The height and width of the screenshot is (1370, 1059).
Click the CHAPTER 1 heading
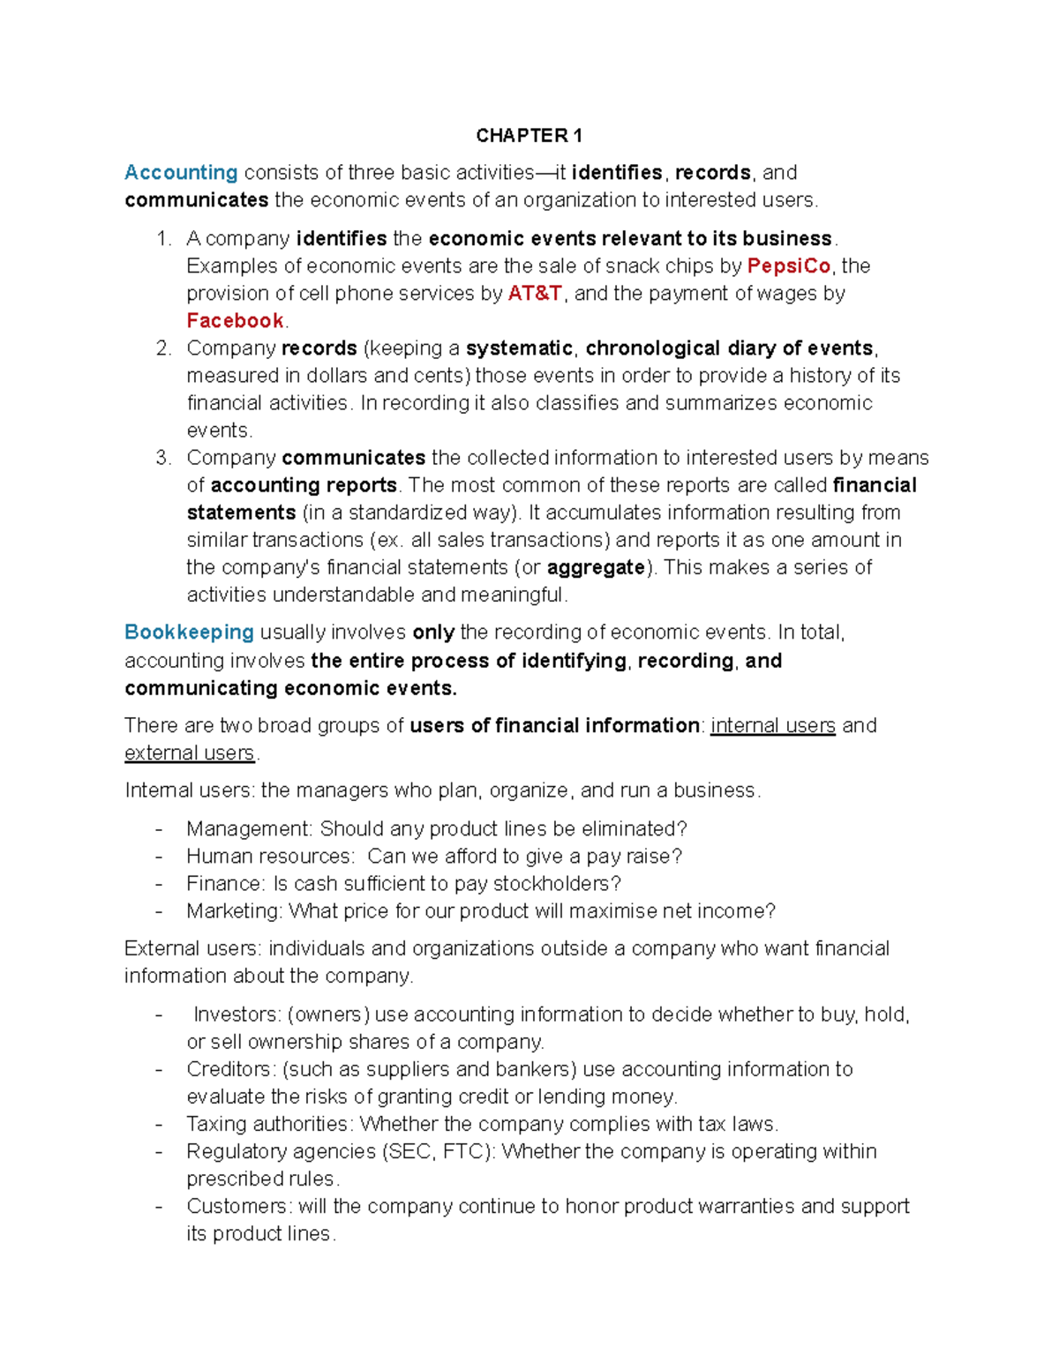coord(529,135)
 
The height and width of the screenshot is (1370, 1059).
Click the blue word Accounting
coord(181,172)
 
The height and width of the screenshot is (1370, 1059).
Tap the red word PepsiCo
coord(789,266)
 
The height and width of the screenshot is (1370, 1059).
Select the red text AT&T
coord(535,293)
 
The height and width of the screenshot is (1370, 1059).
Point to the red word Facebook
coord(235,320)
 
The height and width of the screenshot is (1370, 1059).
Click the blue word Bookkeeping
coord(189,632)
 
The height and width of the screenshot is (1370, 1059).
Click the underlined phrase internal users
coord(772,725)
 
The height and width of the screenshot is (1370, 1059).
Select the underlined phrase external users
coord(189,752)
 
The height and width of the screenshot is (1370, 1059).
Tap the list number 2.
coord(162,348)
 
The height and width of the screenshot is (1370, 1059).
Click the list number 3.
coord(162,457)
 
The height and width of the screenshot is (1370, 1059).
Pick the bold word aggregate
coord(596,567)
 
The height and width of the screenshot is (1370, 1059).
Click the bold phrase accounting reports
coord(304,485)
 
